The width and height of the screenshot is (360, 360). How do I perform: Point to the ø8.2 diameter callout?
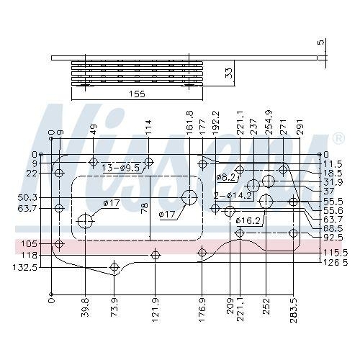pos(225,176)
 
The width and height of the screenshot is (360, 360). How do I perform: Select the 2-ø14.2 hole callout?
pos(232,194)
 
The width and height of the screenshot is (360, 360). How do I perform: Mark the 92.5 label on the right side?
pos(332,237)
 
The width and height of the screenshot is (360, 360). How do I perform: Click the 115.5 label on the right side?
pos(335,252)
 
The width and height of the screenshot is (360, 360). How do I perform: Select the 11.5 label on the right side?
pos(332,164)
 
